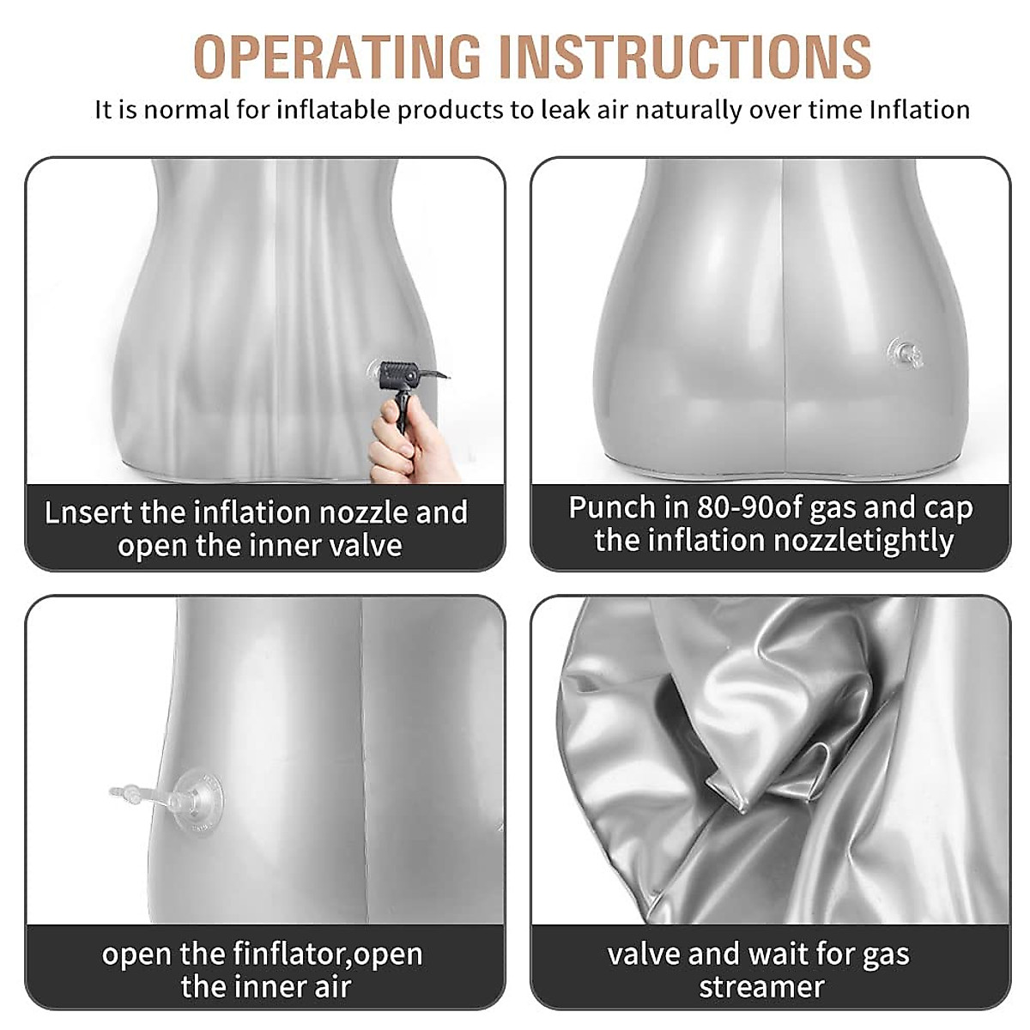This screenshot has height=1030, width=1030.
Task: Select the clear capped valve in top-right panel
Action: [x=905, y=353]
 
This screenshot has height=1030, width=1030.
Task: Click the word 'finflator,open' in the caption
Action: [x=327, y=954]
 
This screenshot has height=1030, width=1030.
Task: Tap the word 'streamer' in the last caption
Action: [x=761, y=987]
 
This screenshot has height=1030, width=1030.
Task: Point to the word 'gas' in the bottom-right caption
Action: [x=881, y=955]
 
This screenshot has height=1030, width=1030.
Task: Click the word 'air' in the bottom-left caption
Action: [x=331, y=987]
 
